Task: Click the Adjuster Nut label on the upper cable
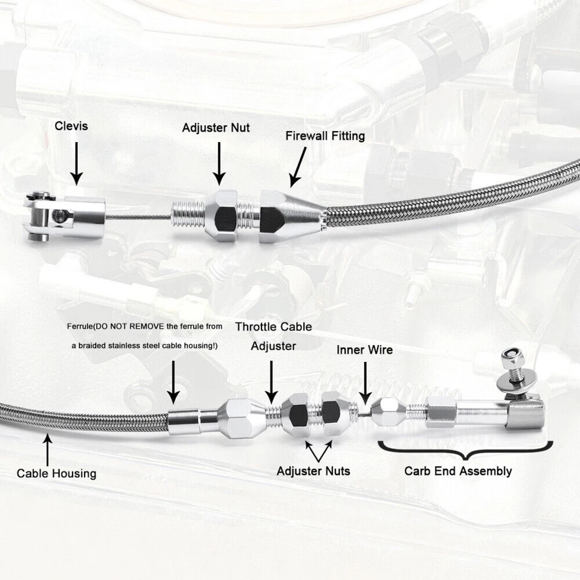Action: pos(216,128)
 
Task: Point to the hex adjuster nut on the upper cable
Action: pos(220,214)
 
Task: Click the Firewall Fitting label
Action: pos(325,135)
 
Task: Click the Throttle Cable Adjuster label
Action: pos(273,337)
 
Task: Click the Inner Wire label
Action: pos(364,350)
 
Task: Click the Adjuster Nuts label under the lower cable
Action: pos(313,471)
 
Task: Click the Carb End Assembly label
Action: pos(457,471)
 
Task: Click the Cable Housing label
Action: pos(56,472)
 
